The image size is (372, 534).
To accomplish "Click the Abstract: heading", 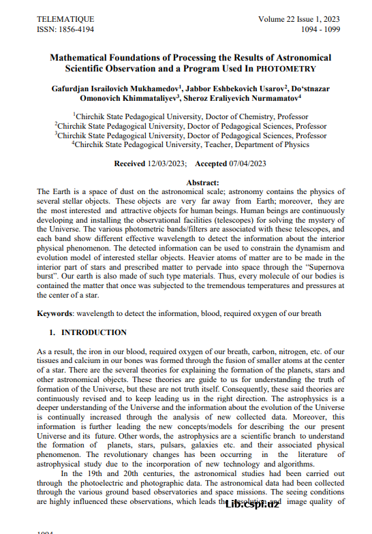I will [202, 183].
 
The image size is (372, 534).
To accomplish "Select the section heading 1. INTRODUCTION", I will [87, 332].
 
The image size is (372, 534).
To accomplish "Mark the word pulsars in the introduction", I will [161, 443].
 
